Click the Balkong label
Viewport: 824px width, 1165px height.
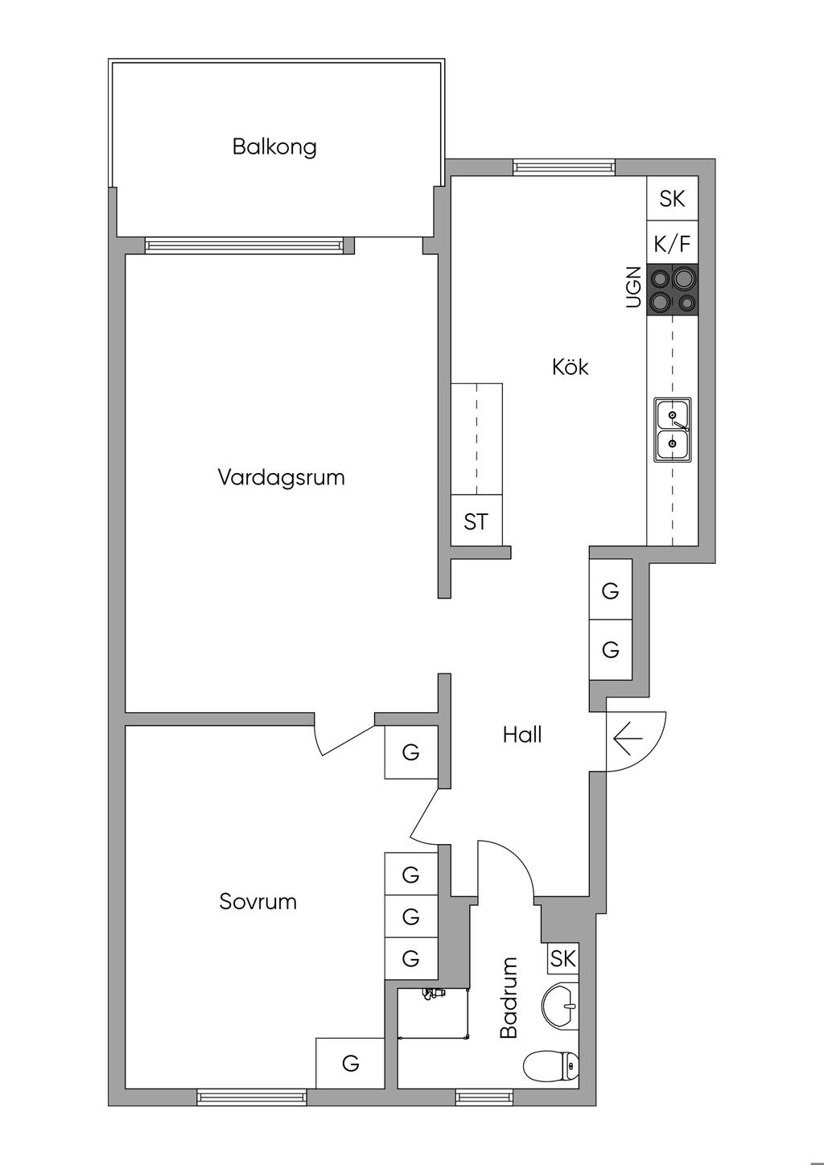click(274, 147)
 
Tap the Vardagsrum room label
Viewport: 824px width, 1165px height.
click(281, 477)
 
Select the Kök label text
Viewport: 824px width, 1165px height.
click(571, 367)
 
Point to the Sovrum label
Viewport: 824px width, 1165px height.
click(257, 901)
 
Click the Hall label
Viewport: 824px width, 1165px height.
click(522, 735)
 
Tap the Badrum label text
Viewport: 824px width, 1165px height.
click(509, 997)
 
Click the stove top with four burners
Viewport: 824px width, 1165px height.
click(673, 290)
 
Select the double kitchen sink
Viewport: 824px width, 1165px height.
click(673, 430)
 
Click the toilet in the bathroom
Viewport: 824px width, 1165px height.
click(551, 1067)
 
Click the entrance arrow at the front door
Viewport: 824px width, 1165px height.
click(626, 737)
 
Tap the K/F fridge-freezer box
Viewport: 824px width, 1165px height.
click(673, 243)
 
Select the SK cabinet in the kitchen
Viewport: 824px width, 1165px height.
click(673, 198)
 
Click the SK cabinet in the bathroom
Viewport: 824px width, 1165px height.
click(563, 958)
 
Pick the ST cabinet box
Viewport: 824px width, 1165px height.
click(476, 521)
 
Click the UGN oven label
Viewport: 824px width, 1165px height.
click(634, 287)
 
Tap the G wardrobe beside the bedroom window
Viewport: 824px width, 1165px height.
click(350, 1064)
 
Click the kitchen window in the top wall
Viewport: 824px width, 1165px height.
click(564, 167)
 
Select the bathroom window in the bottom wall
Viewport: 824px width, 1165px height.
click(484, 1096)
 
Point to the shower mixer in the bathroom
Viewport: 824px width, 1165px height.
click(433, 994)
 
